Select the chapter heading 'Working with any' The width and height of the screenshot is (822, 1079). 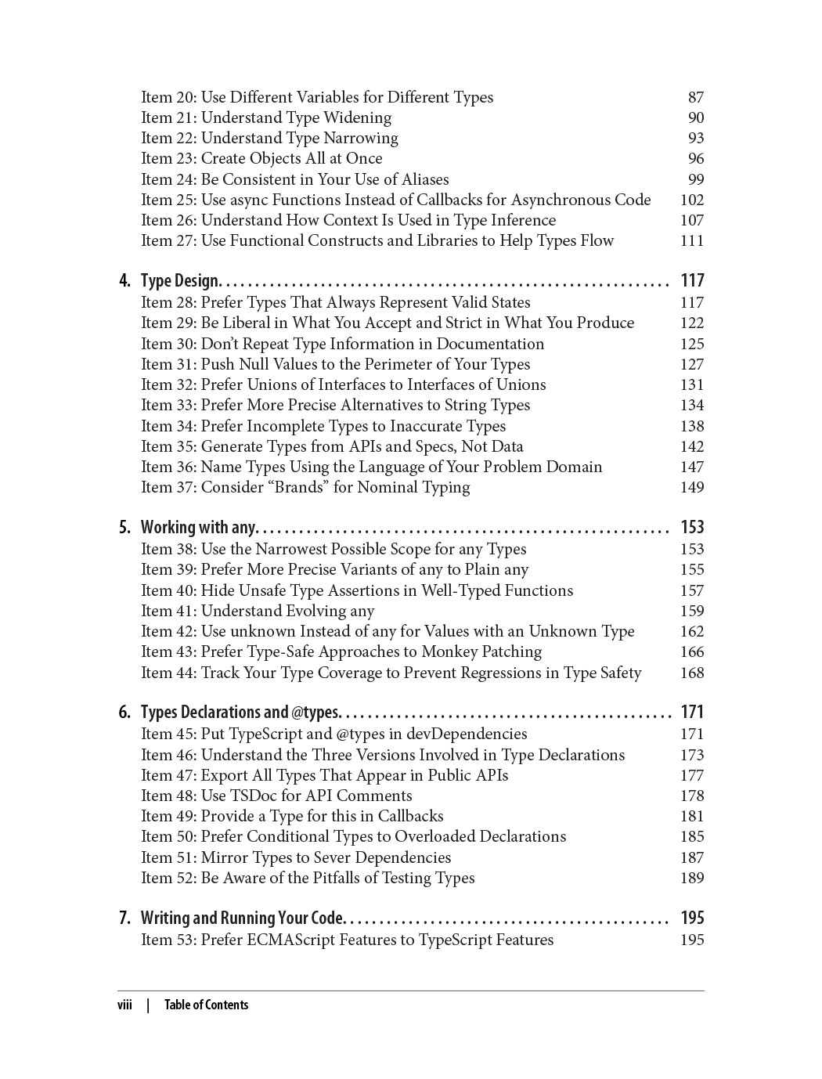[198, 527]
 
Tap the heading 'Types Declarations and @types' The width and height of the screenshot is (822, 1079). [240, 712]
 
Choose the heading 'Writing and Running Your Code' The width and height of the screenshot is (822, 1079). [242, 918]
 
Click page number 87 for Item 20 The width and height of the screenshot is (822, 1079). [696, 97]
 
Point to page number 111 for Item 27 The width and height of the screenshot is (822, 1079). [692, 240]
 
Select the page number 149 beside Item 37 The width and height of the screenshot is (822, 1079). [692, 487]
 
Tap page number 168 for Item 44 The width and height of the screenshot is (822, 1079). [692, 673]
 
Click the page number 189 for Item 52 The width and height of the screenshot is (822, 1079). [692, 878]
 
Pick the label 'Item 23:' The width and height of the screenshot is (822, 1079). [168, 158]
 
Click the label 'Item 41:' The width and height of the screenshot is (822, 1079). [168, 611]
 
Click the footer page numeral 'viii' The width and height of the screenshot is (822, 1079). [125, 1005]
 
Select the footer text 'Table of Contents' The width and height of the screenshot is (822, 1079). [206, 1005]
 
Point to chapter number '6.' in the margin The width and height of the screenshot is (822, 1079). [125, 712]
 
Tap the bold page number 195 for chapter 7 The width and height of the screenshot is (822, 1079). [692, 918]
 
